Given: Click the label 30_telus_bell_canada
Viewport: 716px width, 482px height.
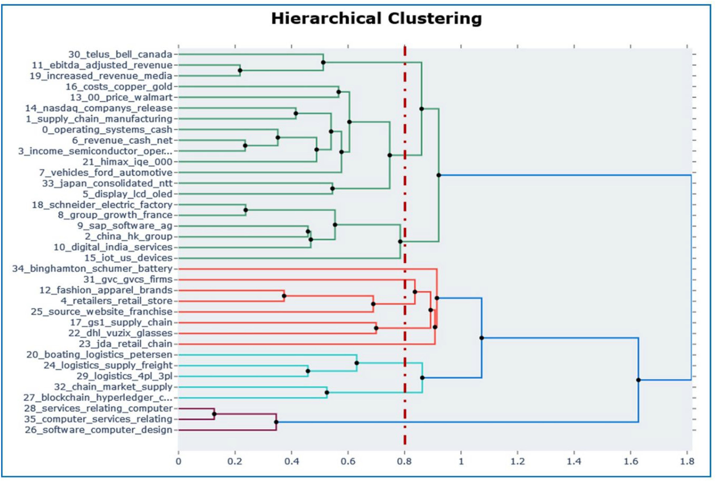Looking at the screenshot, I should (x=120, y=54).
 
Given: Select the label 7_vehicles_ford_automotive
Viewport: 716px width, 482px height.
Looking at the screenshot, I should (x=106, y=172).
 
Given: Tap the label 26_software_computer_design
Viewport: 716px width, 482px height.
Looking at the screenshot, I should (x=98, y=430).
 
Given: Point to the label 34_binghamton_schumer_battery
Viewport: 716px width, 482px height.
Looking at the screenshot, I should (x=92, y=269).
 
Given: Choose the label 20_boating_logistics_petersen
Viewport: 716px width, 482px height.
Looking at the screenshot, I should (x=99, y=355).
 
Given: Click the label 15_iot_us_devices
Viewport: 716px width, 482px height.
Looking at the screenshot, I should (x=128, y=258).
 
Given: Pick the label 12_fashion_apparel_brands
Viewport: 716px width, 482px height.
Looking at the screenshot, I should (x=106, y=290).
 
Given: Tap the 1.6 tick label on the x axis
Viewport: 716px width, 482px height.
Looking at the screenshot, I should (x=630, y=462).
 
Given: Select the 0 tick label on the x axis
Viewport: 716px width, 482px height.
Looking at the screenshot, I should (x=179, y=462).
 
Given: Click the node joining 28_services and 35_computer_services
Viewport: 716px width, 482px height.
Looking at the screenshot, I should (x=214, y=414).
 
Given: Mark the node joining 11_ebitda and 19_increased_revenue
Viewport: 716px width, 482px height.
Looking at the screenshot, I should (x=240, y=70).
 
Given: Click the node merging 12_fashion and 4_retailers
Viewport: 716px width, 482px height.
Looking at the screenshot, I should (x=284, y=296).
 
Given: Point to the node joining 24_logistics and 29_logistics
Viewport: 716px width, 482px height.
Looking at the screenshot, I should (x=308, y=371).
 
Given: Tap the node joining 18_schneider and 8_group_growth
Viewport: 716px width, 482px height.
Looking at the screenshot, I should (x=246, y=210).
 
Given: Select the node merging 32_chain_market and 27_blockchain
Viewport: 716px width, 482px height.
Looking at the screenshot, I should (x=327, y=392).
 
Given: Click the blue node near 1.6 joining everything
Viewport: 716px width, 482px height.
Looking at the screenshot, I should (x=638, y=380).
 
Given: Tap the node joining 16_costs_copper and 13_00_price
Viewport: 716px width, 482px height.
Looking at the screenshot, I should (x=339, y=92).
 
